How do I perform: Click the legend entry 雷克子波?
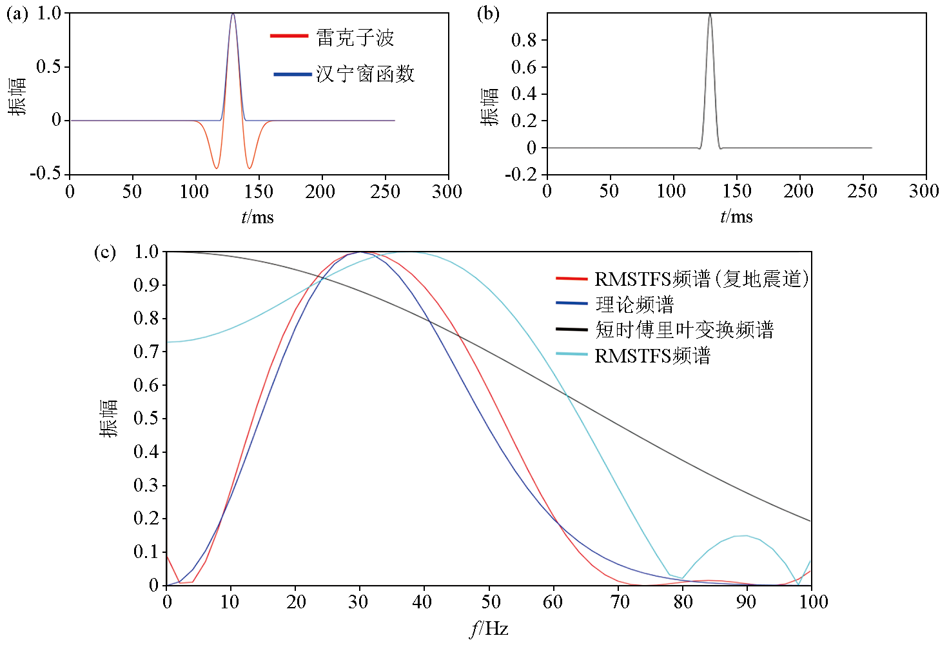click(355, 37)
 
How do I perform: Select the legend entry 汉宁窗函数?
click(365, 74)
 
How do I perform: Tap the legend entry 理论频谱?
click(634, 304)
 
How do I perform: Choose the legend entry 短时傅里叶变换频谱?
click(684, 330)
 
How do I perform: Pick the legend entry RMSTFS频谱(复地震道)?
click(701, 279)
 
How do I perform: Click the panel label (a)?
click(17, 14)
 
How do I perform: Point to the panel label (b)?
click(488, 14)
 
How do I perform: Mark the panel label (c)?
click(105, 252)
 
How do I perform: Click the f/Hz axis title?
click(489, 628)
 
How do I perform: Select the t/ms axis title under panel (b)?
click(736, 217)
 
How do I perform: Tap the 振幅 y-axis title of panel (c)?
click(109, 418)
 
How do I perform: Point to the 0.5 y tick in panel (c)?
click(146, 418)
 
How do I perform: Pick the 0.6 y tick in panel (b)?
click(523, 67)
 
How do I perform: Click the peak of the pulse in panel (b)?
click(710, 14)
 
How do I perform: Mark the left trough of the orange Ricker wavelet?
click(217, 168)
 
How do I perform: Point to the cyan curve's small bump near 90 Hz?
click(746, 535)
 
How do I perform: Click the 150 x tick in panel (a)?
click(259, 192)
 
